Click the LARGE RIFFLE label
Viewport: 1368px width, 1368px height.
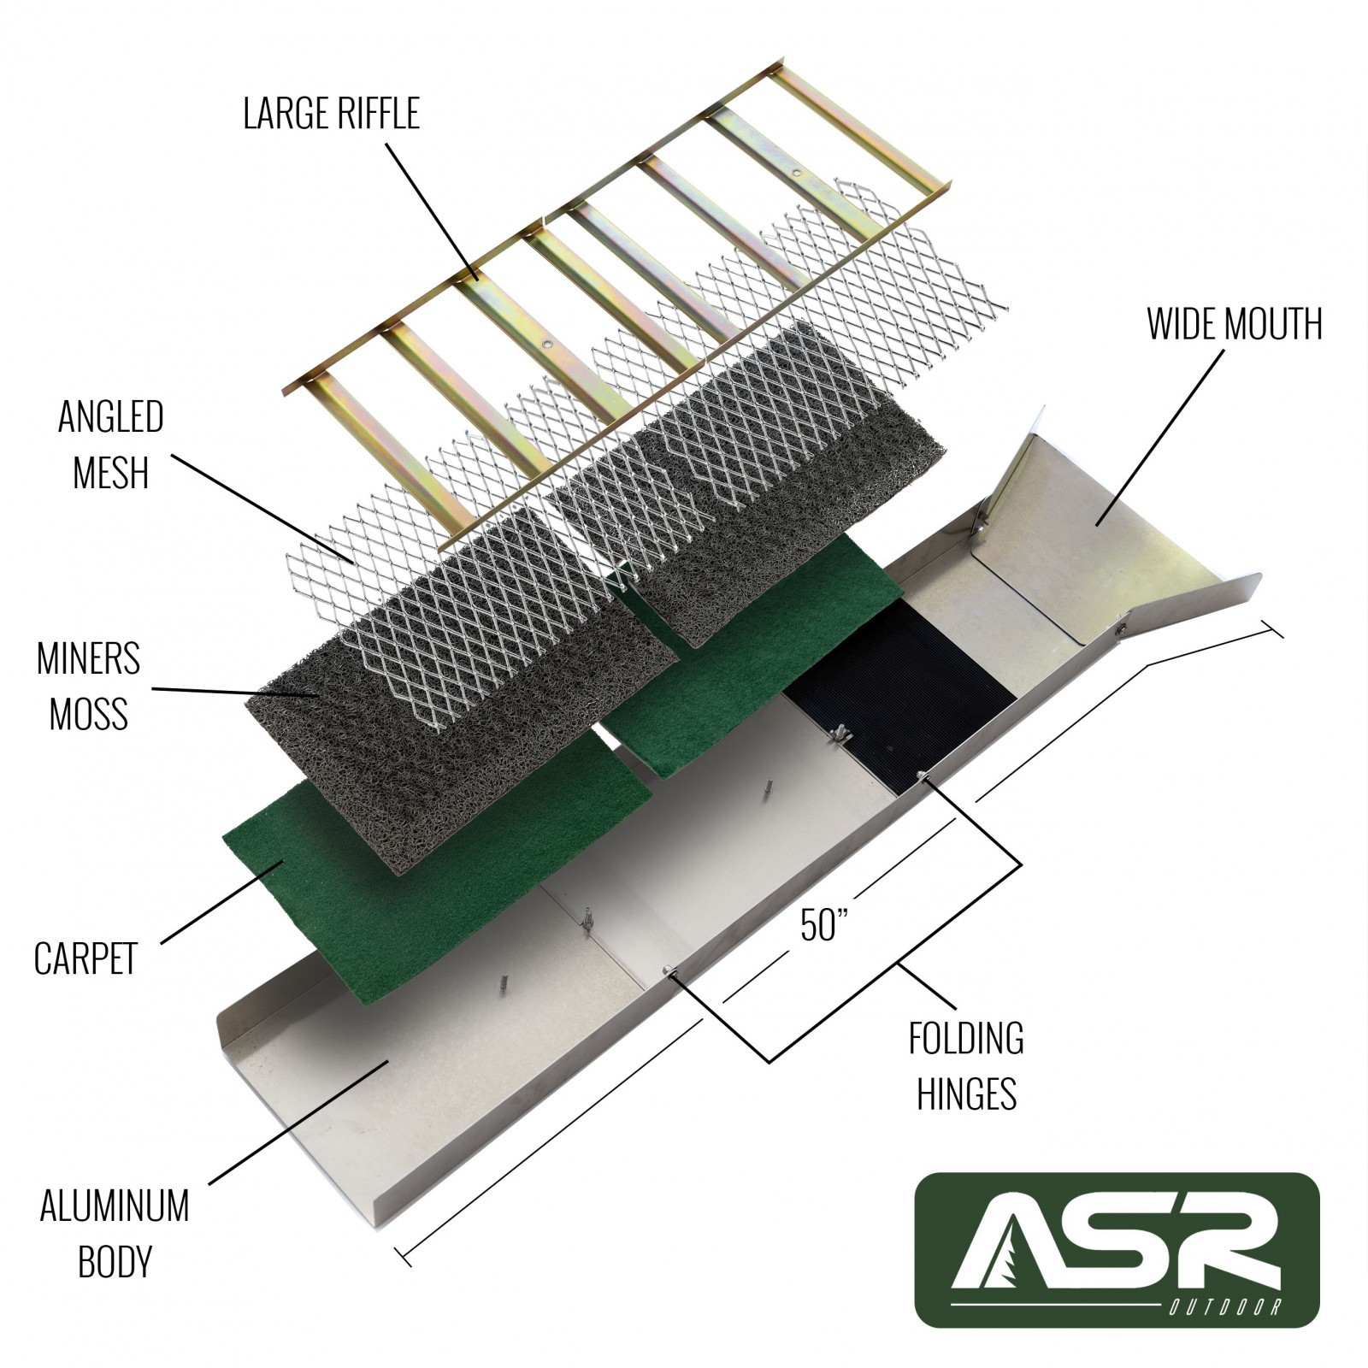pos(331,114)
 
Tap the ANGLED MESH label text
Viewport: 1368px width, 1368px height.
pos(110,445)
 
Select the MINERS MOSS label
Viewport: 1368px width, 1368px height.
pos(88,687)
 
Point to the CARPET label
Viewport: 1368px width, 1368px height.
pos(85,958)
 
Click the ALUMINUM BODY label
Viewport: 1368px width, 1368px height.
pos(115,1233)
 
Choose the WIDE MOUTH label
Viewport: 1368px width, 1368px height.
pos(1234,324)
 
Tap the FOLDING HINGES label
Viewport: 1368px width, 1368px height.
pos(966,1065)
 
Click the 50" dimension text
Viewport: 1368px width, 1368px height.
pos(823,925)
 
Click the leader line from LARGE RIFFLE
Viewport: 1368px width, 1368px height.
pos(432,210)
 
